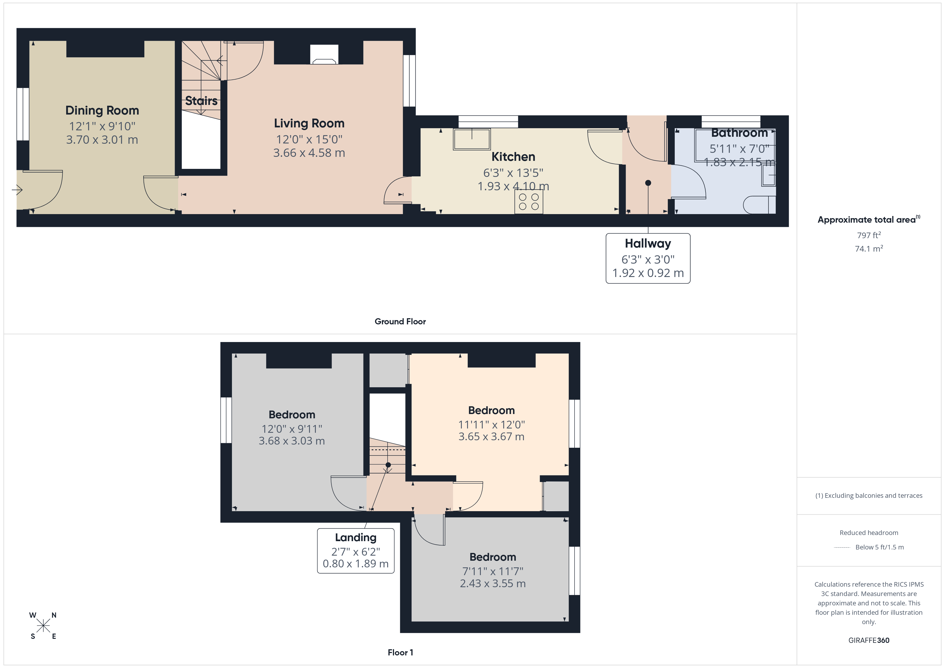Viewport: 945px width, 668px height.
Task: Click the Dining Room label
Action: tap(102, 110)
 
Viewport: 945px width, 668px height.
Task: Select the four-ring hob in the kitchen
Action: tap(528, 202)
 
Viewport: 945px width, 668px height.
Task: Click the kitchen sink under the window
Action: tap(472, 139)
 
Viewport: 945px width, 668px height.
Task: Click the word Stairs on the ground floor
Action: tap(201, 101)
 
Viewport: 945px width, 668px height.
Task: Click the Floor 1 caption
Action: tap(400, 652)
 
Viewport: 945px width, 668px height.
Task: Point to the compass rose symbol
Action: tap(43, 626)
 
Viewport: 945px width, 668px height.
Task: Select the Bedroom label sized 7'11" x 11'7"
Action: tap(492, 557)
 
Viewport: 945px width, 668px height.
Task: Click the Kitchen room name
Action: tap(513, 157)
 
